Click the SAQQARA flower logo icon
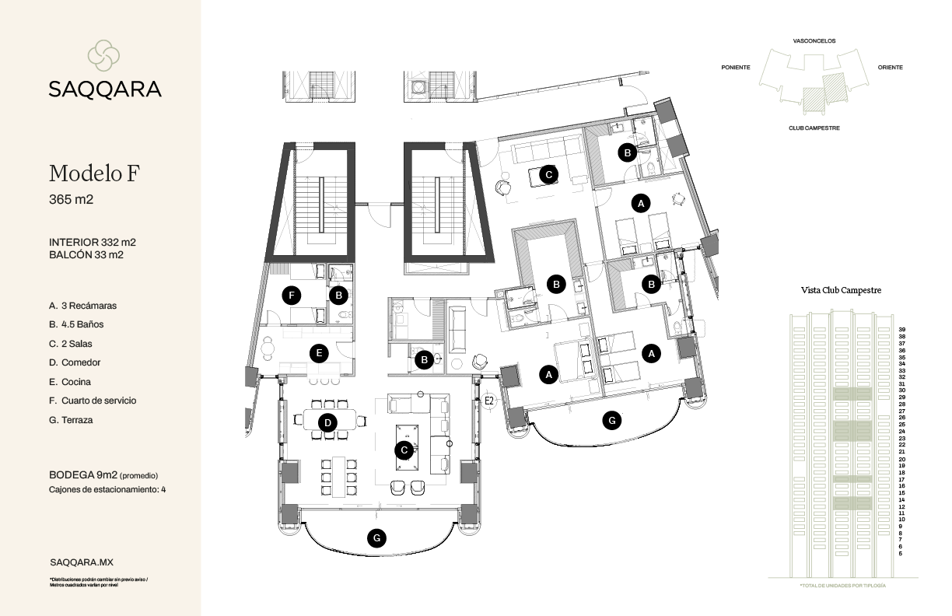104,55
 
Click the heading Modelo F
94,173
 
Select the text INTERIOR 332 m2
92,243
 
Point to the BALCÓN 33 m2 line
86,254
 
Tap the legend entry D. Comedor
75,362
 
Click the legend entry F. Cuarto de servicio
93,401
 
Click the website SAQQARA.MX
82,562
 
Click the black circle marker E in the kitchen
317,352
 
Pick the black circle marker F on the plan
292,295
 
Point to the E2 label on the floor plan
489,401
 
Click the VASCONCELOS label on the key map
814,40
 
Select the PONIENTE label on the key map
736,68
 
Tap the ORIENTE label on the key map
890,68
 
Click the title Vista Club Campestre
841,290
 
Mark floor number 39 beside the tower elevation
901,330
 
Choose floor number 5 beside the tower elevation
901,554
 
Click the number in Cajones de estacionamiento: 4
163,490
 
